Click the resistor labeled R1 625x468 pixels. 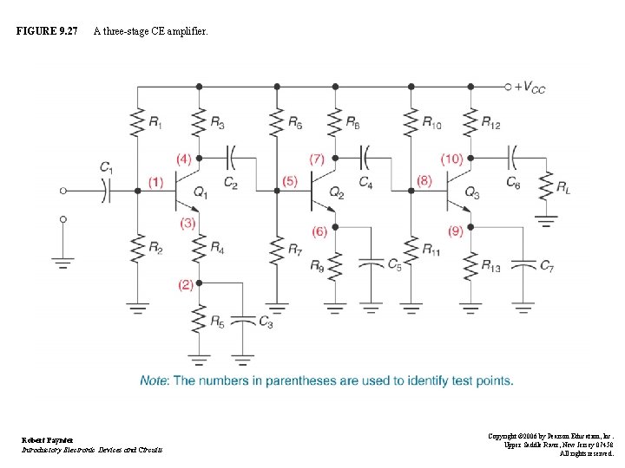pos(136,121)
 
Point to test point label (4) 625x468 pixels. pos(183,159)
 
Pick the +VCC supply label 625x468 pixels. pos(530,87)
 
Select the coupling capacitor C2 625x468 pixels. pos(230,159)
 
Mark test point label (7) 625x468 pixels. pos(317,159)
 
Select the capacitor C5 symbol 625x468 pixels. pos(371,262)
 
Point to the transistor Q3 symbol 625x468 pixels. pos(456,191)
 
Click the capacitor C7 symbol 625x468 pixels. pos(523,263)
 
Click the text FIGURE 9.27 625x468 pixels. pos(47,32)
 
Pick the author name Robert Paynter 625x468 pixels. pos(48,440)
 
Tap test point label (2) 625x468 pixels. pos(186,284)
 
